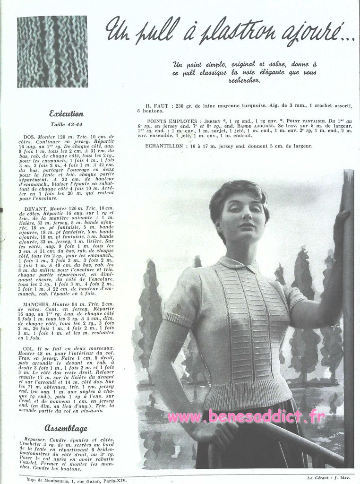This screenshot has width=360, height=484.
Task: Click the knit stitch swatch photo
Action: coord(52,52)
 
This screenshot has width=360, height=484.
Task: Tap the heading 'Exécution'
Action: coord(67,113)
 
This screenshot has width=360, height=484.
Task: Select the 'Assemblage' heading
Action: coord(66,428)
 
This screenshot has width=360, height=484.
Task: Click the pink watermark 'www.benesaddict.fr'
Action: coord(246,417)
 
